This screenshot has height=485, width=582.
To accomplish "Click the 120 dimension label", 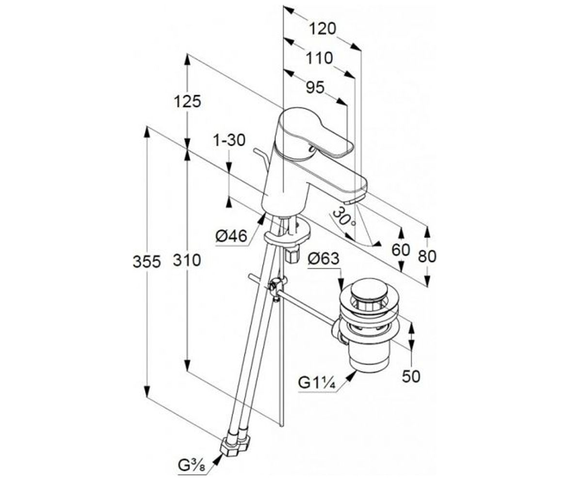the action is click(x=323, y=29).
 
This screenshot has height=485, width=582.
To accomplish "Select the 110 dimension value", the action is click(x=320, y=59).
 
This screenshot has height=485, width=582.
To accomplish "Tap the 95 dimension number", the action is click(x=315, y=88).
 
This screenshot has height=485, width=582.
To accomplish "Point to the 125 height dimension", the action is click(x=187, y=101).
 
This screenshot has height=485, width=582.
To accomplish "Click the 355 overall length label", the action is click(x=147, y=262).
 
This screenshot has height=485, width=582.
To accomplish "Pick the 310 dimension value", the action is click(x=187, y=260).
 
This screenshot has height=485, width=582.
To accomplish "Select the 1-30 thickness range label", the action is click(x=229, y=140).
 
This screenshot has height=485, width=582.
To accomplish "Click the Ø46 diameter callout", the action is click(x=231, y=236).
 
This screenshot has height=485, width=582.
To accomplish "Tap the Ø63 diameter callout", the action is click(x=323, y=259).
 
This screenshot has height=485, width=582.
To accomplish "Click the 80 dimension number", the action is click(x=427, y=257).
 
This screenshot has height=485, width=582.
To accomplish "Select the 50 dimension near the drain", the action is click(x=411, y=377).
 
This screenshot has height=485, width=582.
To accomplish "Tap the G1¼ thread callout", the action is click(x=317, y=383).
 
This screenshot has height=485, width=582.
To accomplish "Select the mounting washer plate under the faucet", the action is click(x=288, y=233).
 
